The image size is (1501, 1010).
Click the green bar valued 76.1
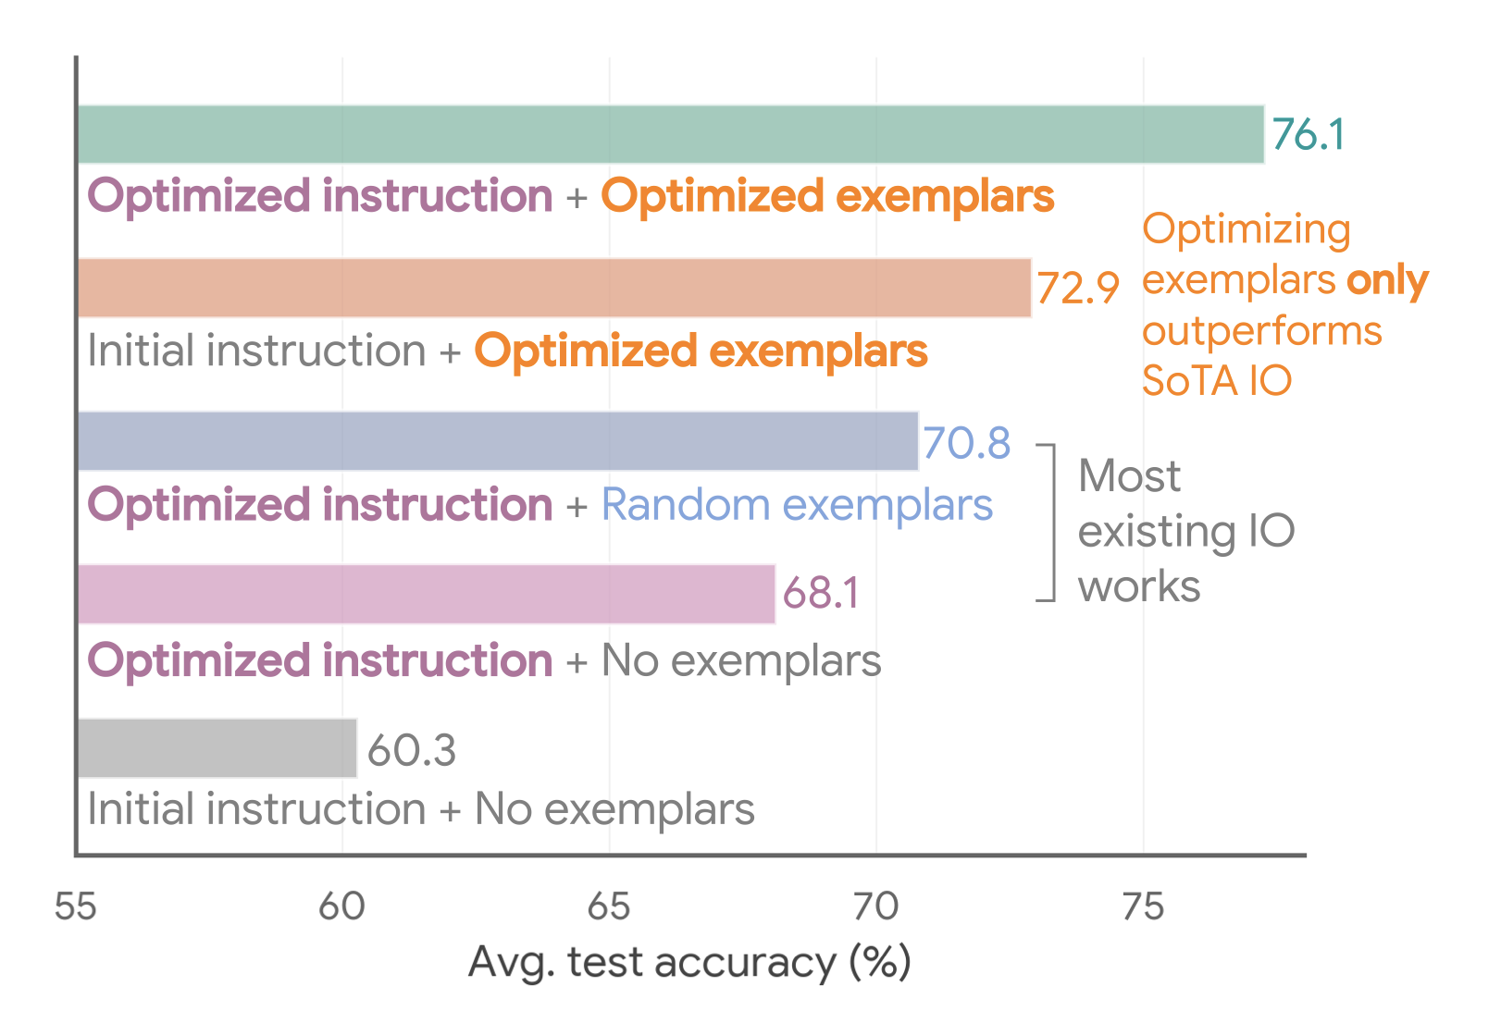[x=670, y=135]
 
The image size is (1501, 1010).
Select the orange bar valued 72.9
[x=553, y=288]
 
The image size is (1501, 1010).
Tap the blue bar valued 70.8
[x=498, y=441]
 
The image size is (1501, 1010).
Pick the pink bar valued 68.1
[x=426, y=594]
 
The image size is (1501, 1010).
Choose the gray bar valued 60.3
[x=217, y=748]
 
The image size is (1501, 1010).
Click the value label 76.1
[x=1308, y=135]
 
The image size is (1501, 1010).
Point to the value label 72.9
[x=1077, y=288]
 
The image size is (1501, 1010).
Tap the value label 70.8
[x=966, y=443]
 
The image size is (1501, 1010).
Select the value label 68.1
[x=821, y=594]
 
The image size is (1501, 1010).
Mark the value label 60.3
[x=412, y=750]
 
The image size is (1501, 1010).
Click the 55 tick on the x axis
[x=75, y=907]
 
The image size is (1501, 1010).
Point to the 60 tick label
[x=341, y=907]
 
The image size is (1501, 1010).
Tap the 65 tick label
[x=609, y=907]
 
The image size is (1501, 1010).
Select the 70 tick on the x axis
[x=875, y=907]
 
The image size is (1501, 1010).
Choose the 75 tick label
[x=1143, y=907]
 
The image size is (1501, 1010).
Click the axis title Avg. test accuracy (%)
[x=689, y=962]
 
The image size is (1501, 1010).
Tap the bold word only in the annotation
[x=1387, y=280]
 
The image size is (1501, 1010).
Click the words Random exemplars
[x=797, y=505]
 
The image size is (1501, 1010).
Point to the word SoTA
[x=1190, y=381]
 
